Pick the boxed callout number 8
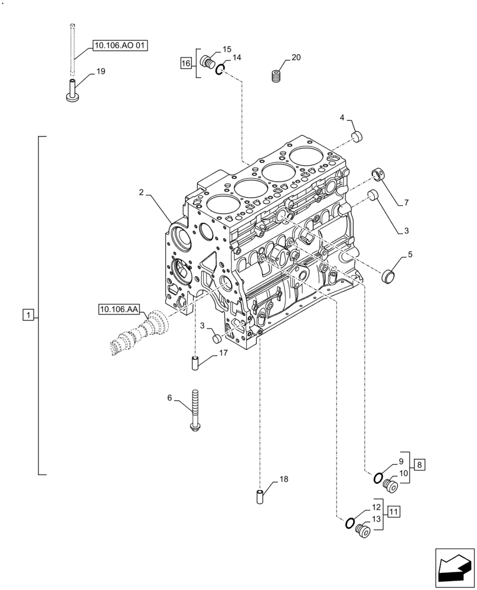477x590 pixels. click(x=419, y=465)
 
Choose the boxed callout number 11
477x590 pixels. click(x=394, y=511)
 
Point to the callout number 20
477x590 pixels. click(x=296, y=57)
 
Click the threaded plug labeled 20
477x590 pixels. click(x=276, y=77)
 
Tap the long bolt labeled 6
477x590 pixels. click(x=194, y=411)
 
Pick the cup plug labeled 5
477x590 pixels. click(x=388, y=275)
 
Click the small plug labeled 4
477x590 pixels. click(x=356, y=137)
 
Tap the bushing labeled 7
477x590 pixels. click(x=377, y=174)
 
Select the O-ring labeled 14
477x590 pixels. click(x=220, y=70)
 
